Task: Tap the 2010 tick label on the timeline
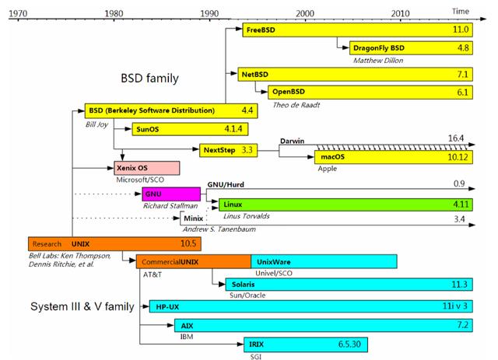tap(401, 13)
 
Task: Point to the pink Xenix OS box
tap(147, 168)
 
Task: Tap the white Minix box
tap(188, 219)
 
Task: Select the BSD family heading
tap(149, 78)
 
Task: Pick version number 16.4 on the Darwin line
tap(454, 138)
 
